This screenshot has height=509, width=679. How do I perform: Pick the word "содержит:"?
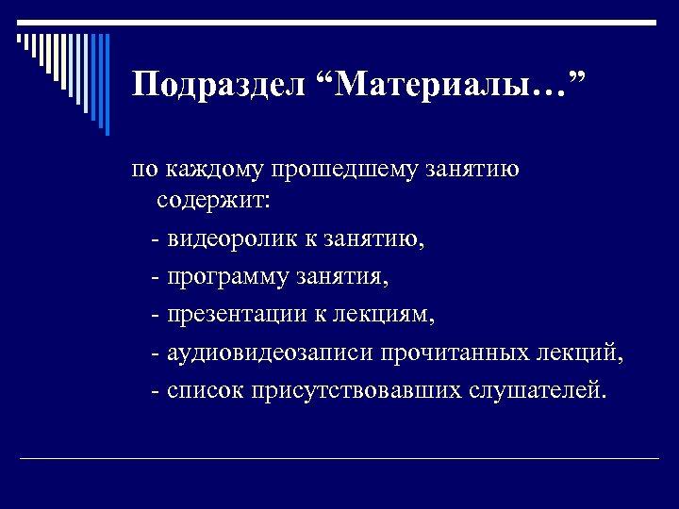point(212,201)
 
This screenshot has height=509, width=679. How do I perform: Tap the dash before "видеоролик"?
point(155,240)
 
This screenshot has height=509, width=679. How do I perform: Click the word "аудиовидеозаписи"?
point(271,353)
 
